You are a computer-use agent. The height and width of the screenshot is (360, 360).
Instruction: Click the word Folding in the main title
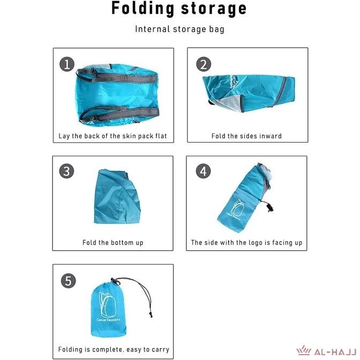coord(142,9)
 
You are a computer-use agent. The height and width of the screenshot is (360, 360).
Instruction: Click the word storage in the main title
coord(214,9)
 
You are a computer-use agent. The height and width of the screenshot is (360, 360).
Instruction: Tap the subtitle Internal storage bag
coord(179,29)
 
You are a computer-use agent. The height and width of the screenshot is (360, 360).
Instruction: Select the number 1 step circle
coord(67,64)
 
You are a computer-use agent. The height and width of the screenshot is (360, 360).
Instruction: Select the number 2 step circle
coord(204,64)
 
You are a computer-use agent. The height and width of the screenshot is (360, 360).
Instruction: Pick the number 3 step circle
coord(66,171)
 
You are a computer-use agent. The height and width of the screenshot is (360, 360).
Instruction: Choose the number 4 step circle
coord(203,171)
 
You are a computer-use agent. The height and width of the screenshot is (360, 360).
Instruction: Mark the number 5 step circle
coord(69,281)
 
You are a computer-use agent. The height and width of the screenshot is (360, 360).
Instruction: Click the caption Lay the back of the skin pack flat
coord(112,136)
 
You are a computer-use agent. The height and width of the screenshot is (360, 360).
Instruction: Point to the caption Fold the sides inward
coord(246,136)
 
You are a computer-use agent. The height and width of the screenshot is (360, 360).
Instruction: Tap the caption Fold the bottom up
coord(112,243)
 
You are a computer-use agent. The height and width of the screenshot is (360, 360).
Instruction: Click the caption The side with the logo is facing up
coord(246,243)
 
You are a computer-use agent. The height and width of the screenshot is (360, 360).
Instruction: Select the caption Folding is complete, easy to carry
coord(114,349)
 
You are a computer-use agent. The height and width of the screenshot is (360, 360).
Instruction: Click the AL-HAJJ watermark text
coord(335,352)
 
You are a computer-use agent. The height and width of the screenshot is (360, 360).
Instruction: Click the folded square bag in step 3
coord(117,197)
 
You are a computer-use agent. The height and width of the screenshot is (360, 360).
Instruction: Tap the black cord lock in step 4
coord(270,208)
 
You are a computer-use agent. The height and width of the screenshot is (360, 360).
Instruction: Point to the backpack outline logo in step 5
coord(107,304)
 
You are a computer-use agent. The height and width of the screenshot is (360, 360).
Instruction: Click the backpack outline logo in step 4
coord(238,207)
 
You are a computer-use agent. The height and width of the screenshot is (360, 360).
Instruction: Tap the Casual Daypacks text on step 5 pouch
coord(108,320)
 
